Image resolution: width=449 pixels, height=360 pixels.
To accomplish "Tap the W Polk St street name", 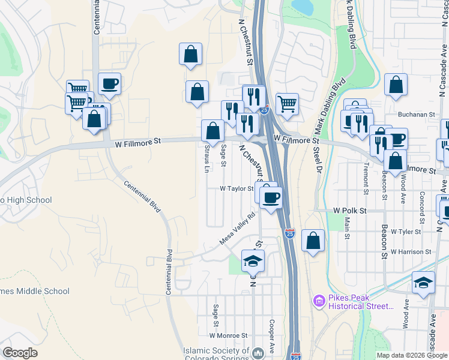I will (349, 211).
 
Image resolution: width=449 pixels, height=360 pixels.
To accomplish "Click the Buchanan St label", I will (416, 114).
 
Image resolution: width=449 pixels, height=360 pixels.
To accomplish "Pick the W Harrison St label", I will (411, 252).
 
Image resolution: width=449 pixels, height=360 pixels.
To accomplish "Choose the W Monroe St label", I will (228, 335).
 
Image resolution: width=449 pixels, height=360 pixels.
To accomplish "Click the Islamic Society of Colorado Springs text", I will (216, 354).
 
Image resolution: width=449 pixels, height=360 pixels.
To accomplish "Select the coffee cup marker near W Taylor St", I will (271, 197).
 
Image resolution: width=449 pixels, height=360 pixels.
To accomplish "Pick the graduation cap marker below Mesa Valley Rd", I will (253, 261).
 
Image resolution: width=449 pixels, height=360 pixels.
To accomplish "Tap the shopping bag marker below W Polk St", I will (313, 241).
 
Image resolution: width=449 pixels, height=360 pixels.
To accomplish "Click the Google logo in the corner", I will (20, 353).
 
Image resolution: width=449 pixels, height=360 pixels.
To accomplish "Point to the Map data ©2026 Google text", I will (412, 355).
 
